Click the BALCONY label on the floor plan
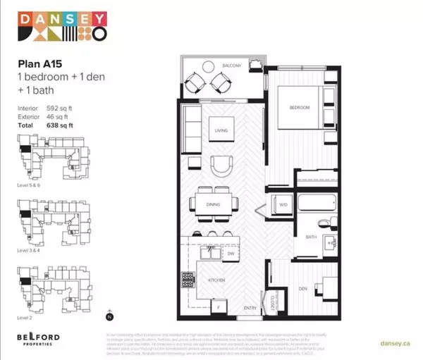pyautogui.click(x=234, y=66)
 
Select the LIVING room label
pyautogui.click(x=220, y=131)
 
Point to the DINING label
pyautogui.click(x=214, y=204)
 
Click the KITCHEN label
pyautogui.click(x=216, y=280)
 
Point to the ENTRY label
pyautogui.click(x=251, y=308)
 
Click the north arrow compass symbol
pyautogui.click(x=107, y=316)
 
